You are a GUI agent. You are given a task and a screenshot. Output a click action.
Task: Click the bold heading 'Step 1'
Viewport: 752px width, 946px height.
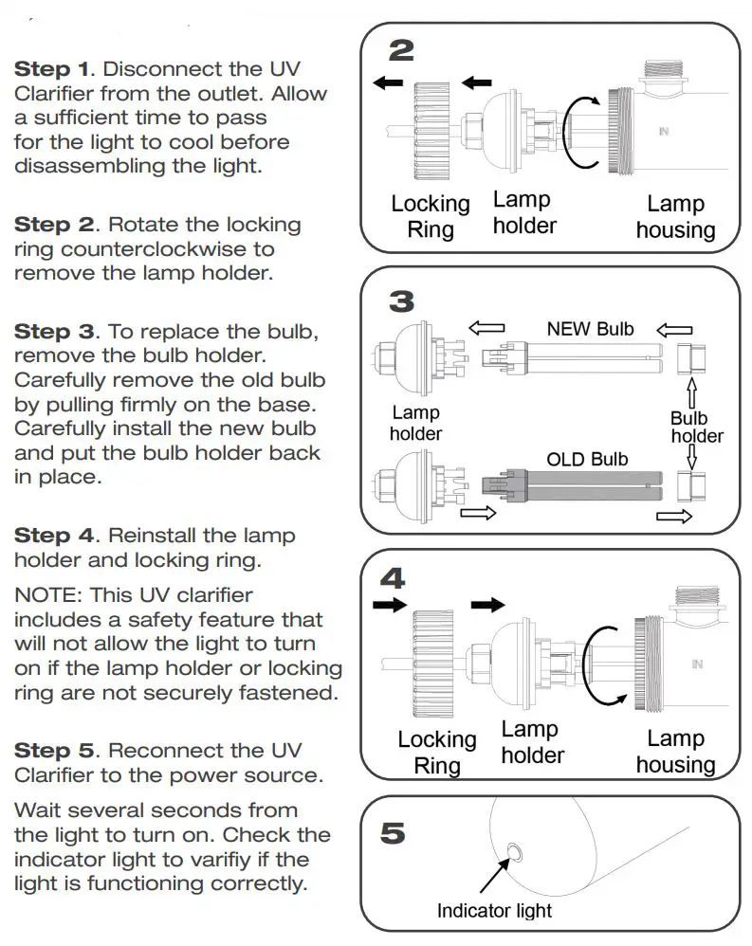point(54,69)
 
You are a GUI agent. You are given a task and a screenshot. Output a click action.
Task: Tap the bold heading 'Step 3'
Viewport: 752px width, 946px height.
point(54,332)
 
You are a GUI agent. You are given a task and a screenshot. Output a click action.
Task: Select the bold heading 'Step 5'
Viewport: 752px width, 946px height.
point(54,751)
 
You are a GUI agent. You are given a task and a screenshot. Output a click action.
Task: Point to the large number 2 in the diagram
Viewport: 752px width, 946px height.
point(401,50)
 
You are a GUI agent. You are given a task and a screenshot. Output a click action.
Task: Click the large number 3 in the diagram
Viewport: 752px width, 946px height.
point(401,301)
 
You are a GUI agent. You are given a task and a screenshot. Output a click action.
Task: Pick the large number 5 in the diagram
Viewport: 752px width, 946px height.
point(393,833)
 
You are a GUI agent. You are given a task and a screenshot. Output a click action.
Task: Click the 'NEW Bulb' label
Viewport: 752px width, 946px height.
point(590,330)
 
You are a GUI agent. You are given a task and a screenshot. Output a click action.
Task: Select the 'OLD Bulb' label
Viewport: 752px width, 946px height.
point(588,460)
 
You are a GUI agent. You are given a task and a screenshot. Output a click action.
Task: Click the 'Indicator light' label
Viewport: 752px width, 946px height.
point(494,911)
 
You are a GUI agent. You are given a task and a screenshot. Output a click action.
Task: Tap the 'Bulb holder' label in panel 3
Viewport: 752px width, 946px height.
point(697,427)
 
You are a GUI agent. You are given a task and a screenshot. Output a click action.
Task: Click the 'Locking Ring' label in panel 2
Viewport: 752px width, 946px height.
point(431,216)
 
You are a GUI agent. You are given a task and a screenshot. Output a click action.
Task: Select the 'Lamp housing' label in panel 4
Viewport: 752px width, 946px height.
point(675,752)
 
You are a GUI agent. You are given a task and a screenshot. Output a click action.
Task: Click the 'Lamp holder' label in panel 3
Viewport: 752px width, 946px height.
point(415,423)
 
